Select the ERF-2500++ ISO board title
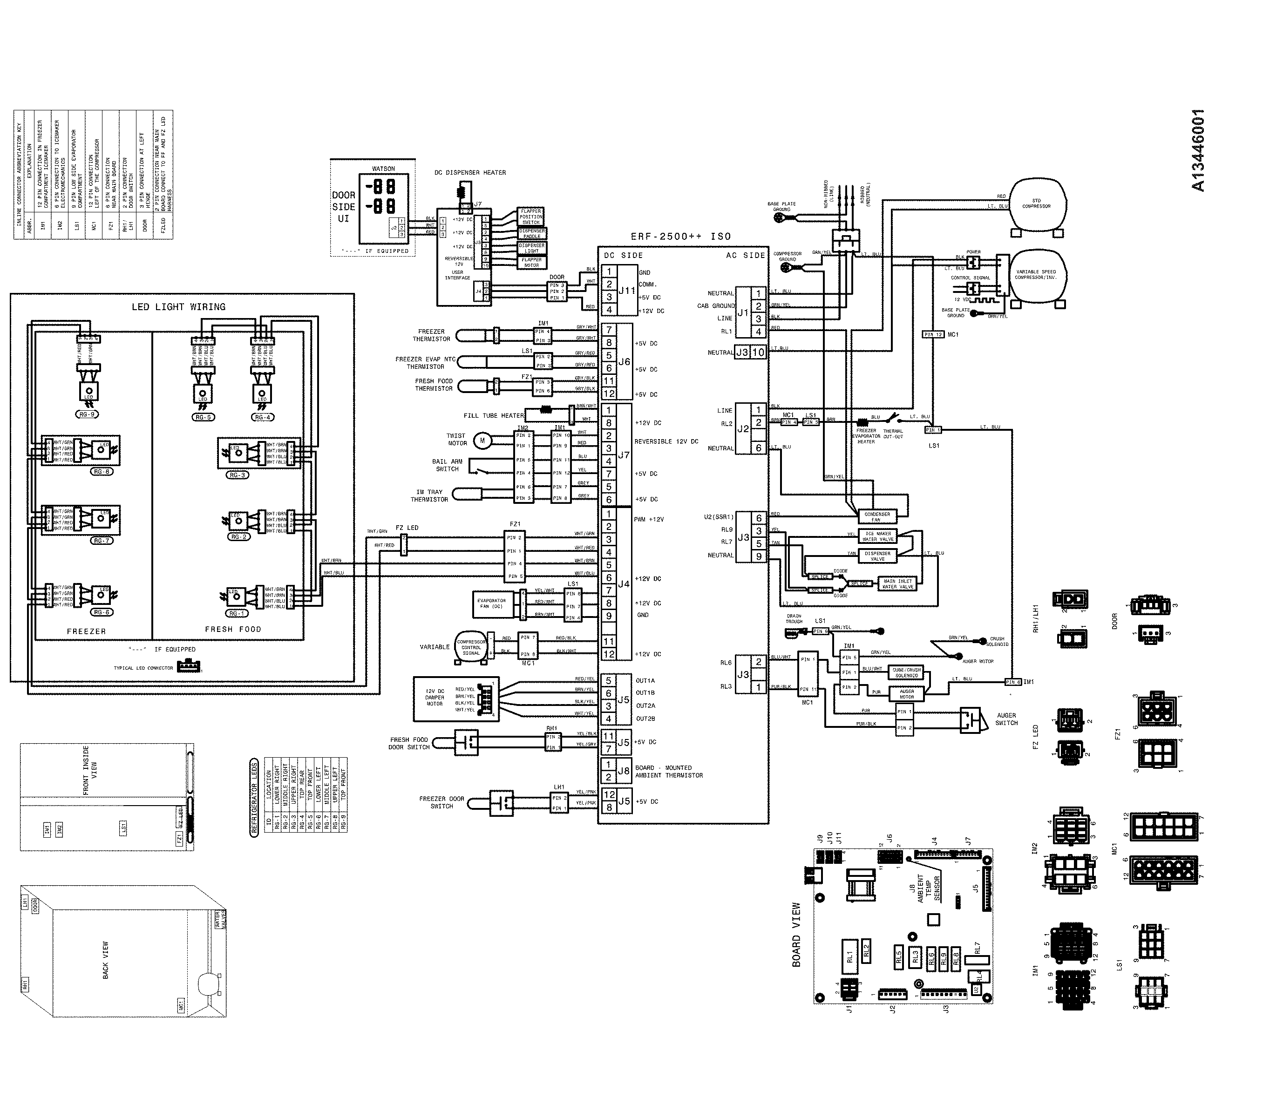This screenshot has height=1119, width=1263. (680, 236)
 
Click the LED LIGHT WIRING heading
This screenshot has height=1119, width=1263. (178, 306)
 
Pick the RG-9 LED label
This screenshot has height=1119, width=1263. (88, 414)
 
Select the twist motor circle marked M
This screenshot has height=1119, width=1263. (482, 440)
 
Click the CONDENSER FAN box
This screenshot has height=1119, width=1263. (877, 516)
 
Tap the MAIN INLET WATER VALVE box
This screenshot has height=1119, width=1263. (897, 583)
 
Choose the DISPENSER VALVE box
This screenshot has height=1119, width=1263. (877, 556)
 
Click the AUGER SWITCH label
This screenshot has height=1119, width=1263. (1006, 719)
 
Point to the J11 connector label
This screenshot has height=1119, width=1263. (626, 291)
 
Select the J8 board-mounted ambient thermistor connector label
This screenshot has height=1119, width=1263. (624, 771)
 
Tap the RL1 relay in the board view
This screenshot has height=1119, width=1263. (849, 957)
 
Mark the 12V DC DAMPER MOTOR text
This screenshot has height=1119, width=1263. (435, 697)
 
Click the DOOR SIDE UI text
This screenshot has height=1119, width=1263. (344, 206)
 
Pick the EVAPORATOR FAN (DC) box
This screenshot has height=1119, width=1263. (492, 603)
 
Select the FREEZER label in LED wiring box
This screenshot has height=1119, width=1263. (87, 631)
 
